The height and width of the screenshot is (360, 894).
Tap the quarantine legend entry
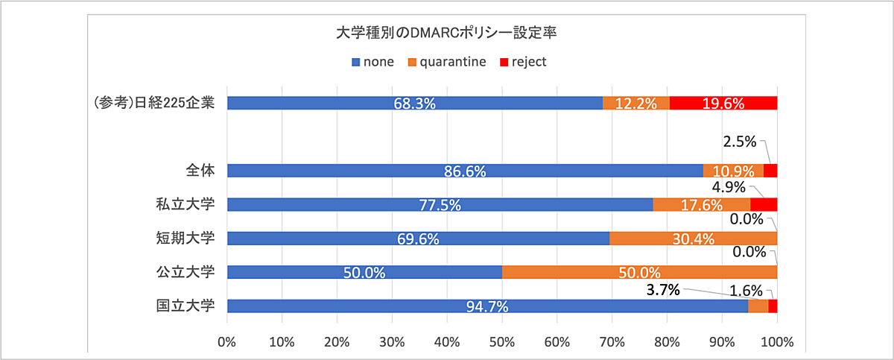tap(447, 62)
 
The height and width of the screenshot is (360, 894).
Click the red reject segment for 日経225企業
tap(723, 103)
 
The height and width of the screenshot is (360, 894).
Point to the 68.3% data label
tap(414, 104)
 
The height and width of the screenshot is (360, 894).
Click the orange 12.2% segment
tap(635, 103)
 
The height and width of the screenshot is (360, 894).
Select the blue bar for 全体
tap(465, 171)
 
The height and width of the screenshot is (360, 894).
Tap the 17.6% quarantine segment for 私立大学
tap(701, 204)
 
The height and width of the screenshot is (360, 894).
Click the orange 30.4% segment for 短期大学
tap(693, 239)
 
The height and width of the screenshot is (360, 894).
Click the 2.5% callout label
tap(740, 141)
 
